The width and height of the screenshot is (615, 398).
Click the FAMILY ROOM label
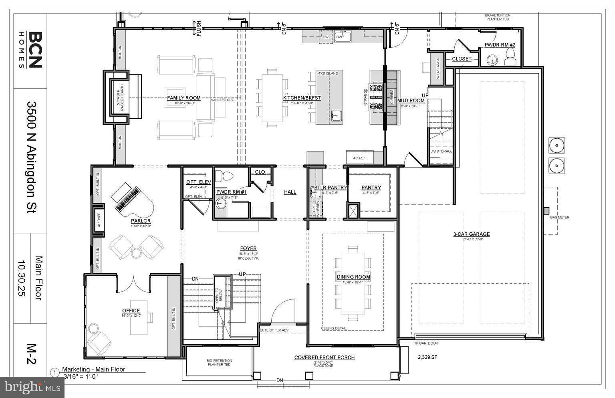tap(183, 98)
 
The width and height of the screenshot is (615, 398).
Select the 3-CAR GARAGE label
tap(471, 234)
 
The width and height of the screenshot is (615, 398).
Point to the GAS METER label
tap(559, 217)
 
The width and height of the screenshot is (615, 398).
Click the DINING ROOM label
tap(353, 277)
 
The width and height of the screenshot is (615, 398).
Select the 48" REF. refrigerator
tap(359, 158)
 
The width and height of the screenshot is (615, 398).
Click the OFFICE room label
tap(131, 311)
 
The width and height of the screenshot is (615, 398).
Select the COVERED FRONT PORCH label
tap(324, 358)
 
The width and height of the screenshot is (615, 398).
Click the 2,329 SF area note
tap(427, 357)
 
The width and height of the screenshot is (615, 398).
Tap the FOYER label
tap(248, 248)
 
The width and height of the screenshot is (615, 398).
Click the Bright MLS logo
tap(32, 387)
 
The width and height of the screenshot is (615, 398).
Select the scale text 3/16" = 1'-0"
tap(81, 376)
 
